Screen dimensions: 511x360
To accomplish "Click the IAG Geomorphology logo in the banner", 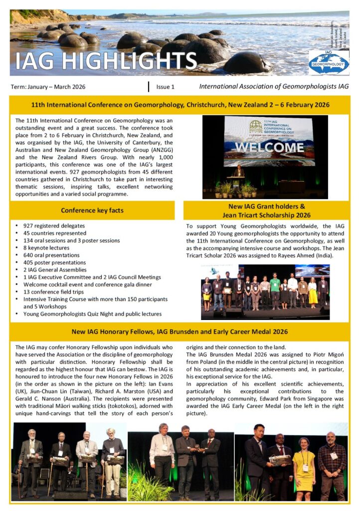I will click(x=329, y=62).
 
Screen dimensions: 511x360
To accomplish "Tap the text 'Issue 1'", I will click(x=166, y=87).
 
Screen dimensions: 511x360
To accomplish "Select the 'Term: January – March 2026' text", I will click(x=48, y=87).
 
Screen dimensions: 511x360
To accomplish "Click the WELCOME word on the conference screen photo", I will click(x=270, y=147).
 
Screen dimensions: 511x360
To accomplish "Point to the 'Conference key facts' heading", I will click(x=92, y=210).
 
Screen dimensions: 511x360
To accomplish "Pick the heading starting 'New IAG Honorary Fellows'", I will click(x=180, y=331).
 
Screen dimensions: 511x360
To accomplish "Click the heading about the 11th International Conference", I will click(x=180, y=105).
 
